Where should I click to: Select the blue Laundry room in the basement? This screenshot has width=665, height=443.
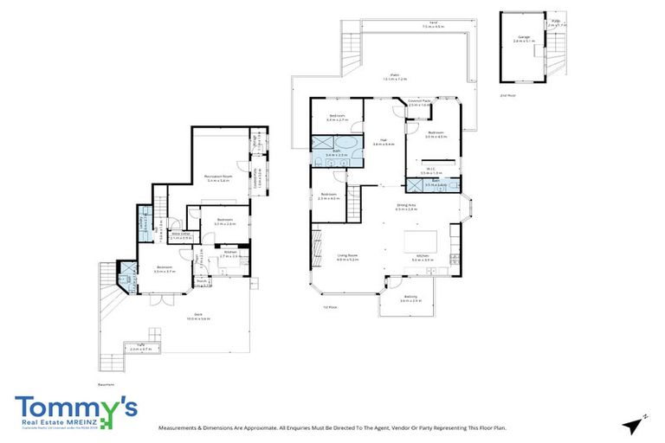click(x=144, y=222)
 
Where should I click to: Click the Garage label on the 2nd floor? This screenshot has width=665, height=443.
click(x=523, y=37)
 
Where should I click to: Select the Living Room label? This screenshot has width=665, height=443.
click(x=348, y=256)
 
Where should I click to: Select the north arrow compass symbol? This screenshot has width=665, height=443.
click(x=635, y=423)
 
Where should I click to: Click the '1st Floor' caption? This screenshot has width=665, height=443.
click(x=329, y=305)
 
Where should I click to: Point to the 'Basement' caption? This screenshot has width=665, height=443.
click(x=106, y=384)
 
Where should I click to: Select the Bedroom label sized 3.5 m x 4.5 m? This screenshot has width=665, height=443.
click(x=436, y=134)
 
